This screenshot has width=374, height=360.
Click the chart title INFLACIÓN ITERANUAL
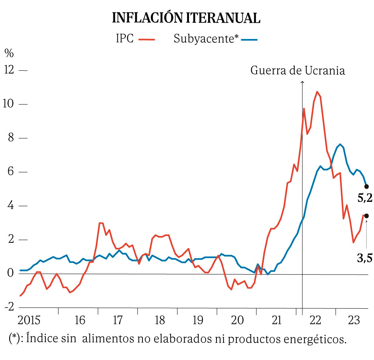[x=187, y=17]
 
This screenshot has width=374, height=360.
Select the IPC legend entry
[x=135, y=39]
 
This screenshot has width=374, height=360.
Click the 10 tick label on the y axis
[x=9, y=104]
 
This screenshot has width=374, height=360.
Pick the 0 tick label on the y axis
[x=10, y=273]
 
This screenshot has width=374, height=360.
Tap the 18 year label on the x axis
[x=159, y=320]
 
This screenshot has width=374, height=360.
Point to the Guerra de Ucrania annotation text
[x=298, y=70]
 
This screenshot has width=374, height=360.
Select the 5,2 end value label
[x=365, y=198]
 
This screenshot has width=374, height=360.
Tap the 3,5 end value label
[x=365, y=258]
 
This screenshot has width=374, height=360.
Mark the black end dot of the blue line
[x=366, y=186]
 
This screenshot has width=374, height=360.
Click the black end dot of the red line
[x=366, y=216]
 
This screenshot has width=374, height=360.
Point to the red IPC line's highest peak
[x=317, y=92]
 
